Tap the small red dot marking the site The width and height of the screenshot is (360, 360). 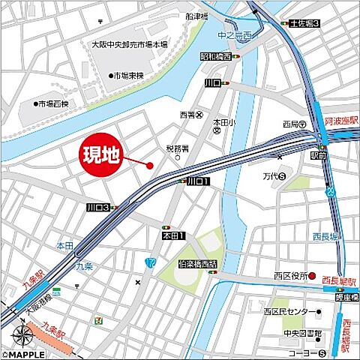pyautogui.click(x=150, y=166)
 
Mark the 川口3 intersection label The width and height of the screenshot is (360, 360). pyautogui.click(x=97, y=207)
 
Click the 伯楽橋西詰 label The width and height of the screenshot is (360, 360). pyautogui.click(x=199, y=264)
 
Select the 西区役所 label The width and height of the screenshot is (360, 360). pyautogui.click(x=289, y=274)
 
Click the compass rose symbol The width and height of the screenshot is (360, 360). pyautogui.click(x=20, y=334)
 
